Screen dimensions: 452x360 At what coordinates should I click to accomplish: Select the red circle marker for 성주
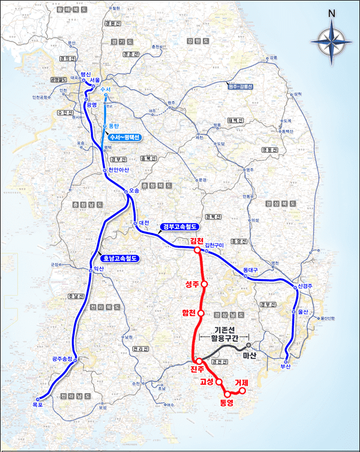pyautogui.click(x=204, y=284)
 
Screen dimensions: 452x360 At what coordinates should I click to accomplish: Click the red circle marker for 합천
pyautogui.click(x=200, y=313)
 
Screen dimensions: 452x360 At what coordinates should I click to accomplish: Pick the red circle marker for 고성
pyautogui.click(x=219, y=382)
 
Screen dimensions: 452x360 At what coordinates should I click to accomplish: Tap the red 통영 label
pyautogui.click(x=227, y=403)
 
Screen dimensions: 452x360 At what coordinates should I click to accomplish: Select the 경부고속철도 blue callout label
pyautogui.click(x=179, y=226)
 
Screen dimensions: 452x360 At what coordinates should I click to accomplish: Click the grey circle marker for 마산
pyautogui.click(x=248, y=344)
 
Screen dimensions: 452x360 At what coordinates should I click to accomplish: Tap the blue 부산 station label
pyautogui.click(x=286, y=367)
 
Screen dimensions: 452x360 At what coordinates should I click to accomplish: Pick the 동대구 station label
pyautogui.click(x=251, y=270)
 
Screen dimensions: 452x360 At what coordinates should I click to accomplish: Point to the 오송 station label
pyautogui.click(x=134, y=191)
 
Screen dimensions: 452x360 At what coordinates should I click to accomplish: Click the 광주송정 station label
pyautogui.click(x=62, y=358)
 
